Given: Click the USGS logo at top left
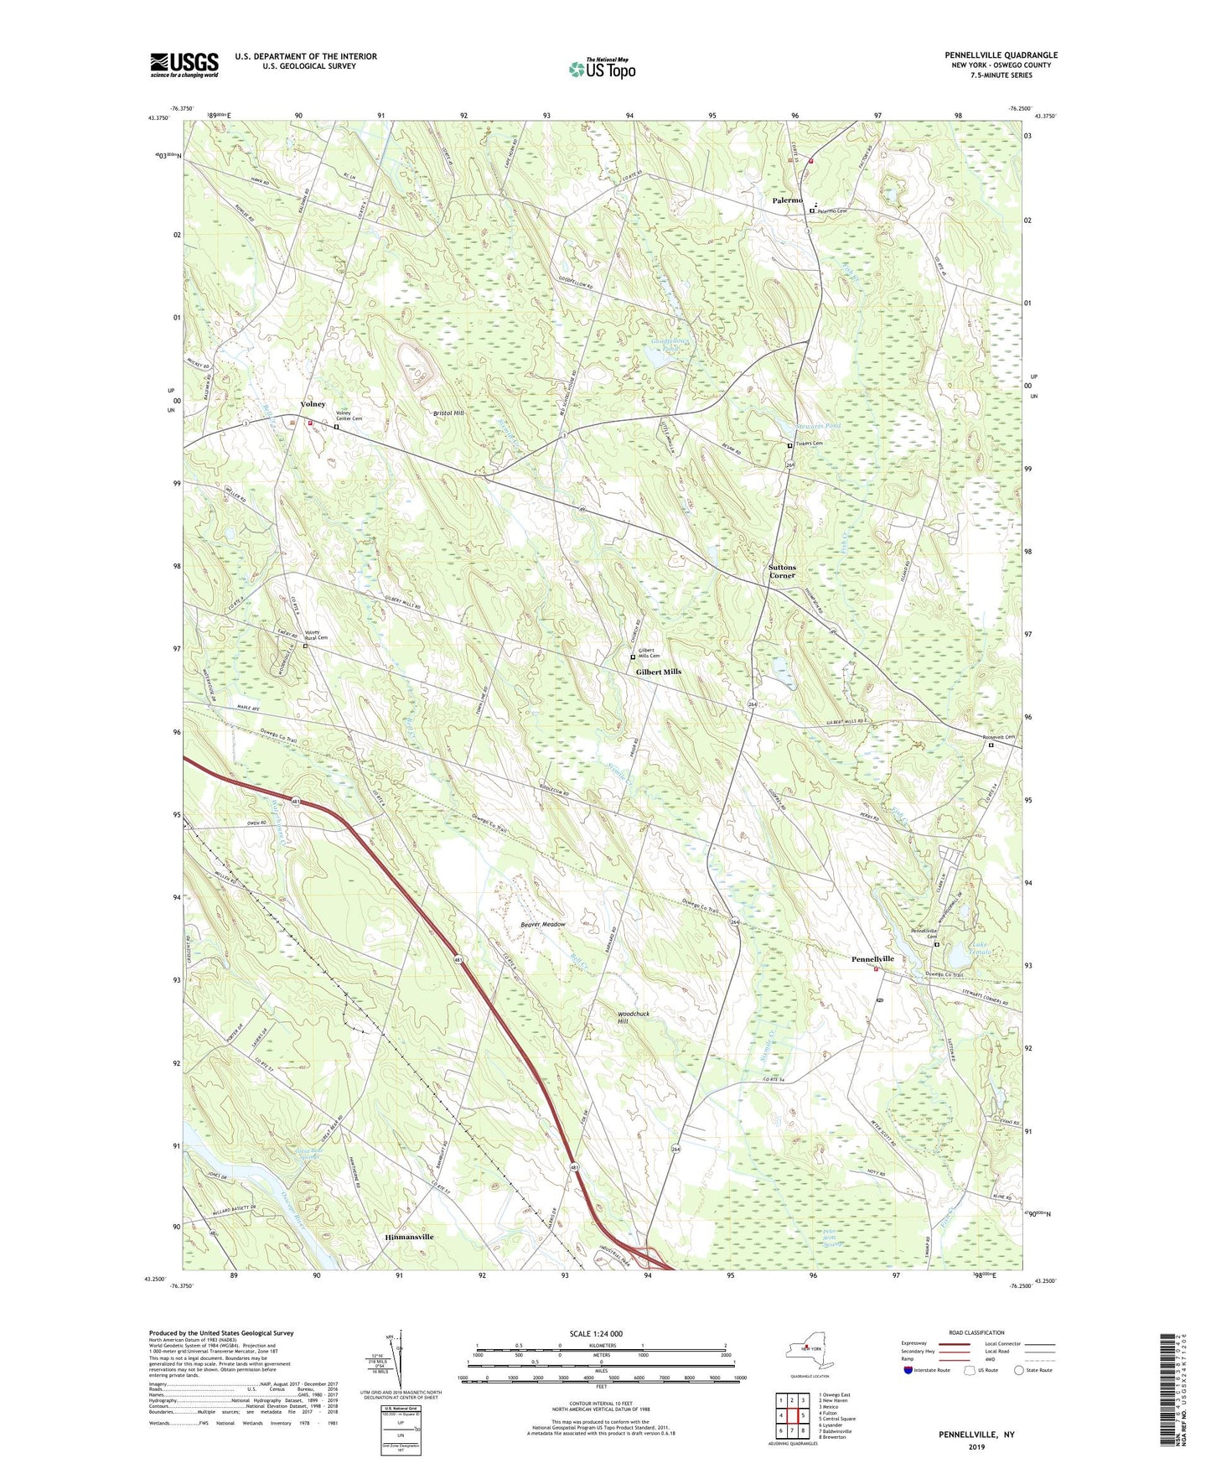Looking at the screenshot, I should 184,65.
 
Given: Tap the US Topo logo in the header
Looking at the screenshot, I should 601,69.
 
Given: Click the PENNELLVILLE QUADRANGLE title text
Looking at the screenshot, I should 1001,55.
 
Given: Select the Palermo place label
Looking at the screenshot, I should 788,200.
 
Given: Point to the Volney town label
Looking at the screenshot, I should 313,404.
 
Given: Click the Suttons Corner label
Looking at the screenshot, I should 782,571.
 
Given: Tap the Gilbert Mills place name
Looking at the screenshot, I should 658,672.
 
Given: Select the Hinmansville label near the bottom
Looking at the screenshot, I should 409,1237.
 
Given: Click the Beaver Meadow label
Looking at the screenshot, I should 542,924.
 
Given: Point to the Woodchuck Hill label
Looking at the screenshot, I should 634,1017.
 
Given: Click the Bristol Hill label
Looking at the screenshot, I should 448,413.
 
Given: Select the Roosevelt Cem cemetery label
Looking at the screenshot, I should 999,737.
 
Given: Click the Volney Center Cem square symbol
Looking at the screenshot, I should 337,427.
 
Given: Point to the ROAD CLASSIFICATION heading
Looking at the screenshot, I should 976,1332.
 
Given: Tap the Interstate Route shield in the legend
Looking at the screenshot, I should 908,1370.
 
